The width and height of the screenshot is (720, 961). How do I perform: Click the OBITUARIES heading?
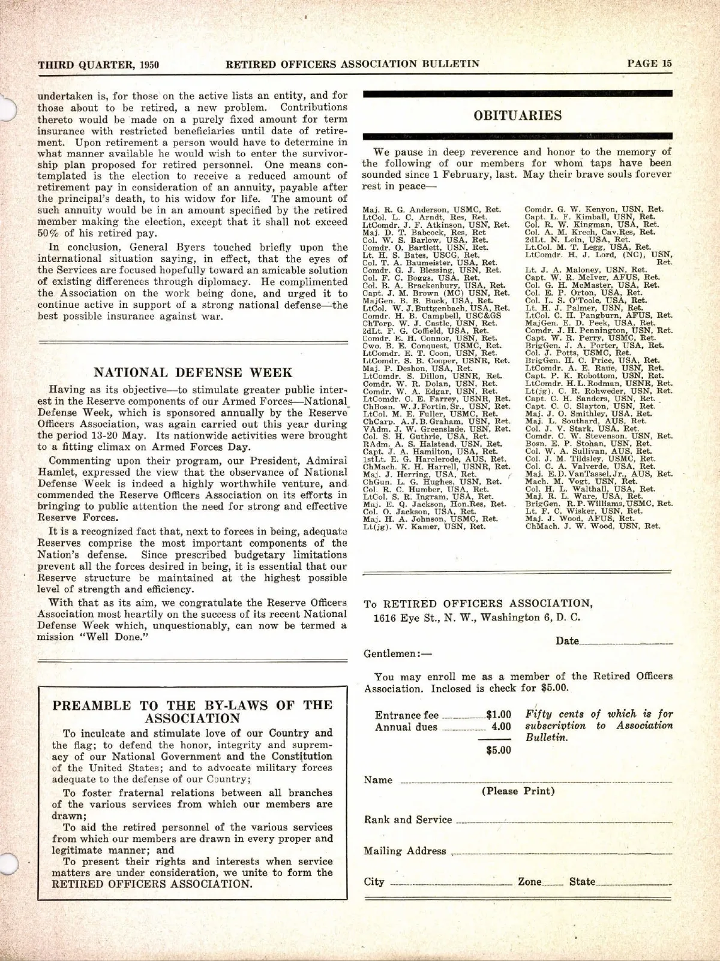point(517,116)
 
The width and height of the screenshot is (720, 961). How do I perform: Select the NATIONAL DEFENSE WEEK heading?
point(193,373)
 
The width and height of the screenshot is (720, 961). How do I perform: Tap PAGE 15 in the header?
point(649,64)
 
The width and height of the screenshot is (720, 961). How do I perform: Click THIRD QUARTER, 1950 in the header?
point(98,65)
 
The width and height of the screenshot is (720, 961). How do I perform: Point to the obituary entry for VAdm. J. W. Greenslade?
point(436,429)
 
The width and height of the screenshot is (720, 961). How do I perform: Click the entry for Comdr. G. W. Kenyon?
point(594,209)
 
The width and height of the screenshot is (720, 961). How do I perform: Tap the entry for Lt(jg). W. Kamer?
point(424,527)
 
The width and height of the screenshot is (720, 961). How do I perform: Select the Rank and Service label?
point(408,820)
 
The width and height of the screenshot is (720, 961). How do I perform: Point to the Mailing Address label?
point(405,851)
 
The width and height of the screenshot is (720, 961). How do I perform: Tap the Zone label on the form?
point(530,882)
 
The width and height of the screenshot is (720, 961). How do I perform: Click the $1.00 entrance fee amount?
point(499,715)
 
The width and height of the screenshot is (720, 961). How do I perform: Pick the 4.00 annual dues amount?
point(502,727)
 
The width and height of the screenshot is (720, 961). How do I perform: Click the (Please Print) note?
point(518,791)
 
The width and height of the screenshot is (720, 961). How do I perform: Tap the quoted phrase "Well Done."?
point(119,637)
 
